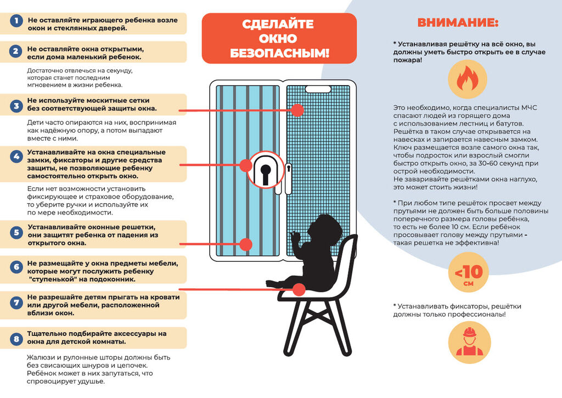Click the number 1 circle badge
[17, 22]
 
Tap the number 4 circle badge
[17, 156]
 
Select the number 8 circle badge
[17, 338]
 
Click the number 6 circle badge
[17, 267]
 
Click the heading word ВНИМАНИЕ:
[458, 23]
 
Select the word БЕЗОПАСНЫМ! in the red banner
[279, 53]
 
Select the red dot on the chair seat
[299, 289]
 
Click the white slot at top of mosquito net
[317, 88]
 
